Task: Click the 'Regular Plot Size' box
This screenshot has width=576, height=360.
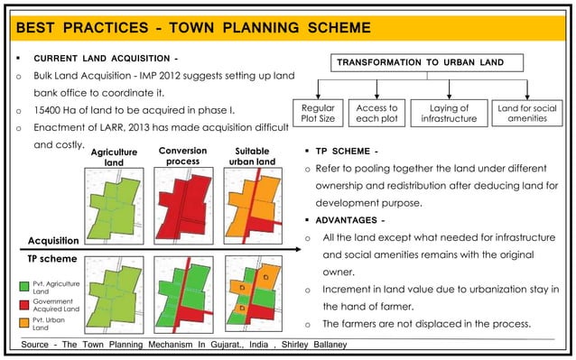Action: [x=317, y=114]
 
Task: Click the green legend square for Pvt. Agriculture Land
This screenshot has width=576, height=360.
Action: [x=25, y=285]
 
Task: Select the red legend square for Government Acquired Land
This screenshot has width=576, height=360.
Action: [x=25, y=302]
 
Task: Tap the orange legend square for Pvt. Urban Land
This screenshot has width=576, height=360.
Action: [x=25, y=321]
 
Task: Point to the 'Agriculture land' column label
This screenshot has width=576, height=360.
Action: [x=114, y=158]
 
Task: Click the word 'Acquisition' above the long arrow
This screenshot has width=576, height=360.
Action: [x=55, y=241]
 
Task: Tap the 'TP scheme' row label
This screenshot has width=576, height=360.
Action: [x=49, y=260]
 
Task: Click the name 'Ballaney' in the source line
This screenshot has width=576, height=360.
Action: [x=321, y=345]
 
